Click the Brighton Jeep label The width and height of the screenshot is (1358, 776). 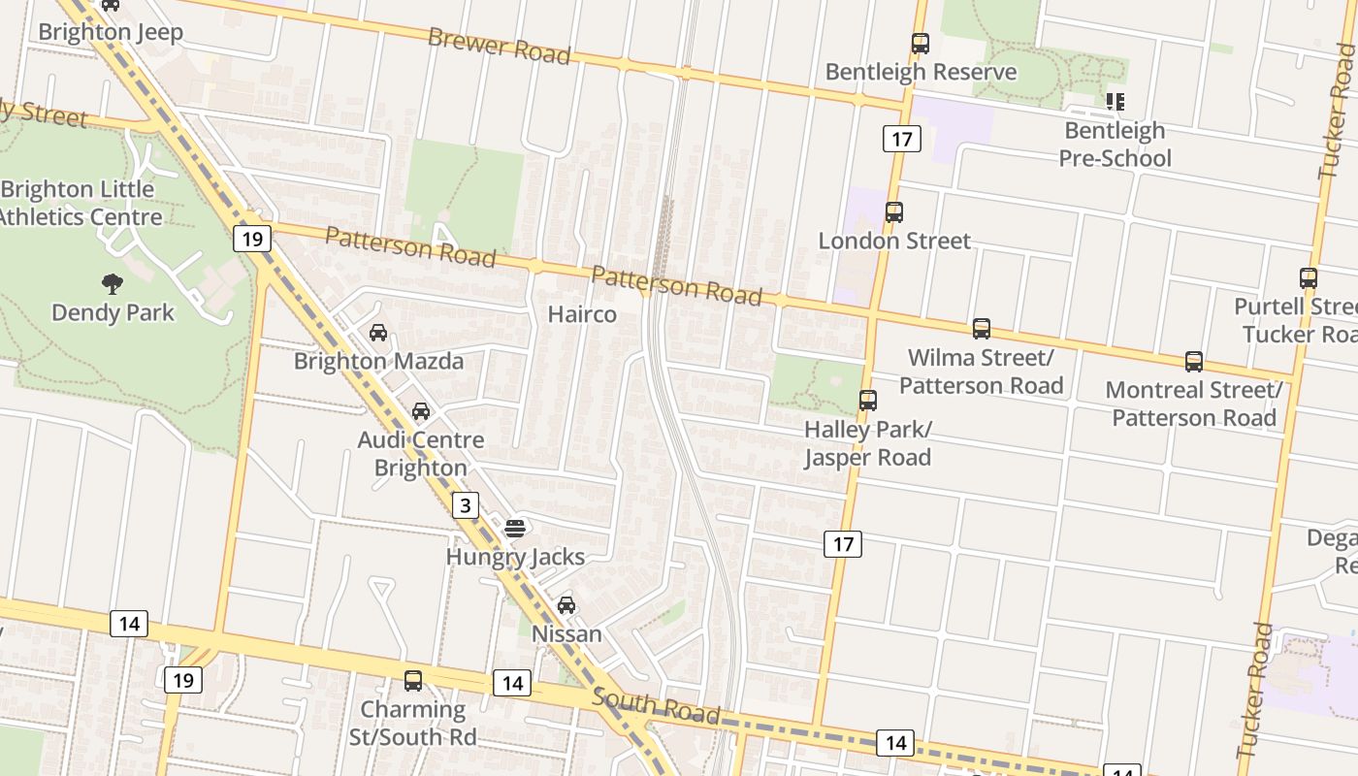(111, 32)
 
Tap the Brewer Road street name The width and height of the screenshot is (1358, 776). (499, 45)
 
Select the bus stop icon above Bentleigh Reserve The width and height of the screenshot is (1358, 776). (921, 44)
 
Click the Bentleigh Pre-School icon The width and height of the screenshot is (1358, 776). (1115, 101)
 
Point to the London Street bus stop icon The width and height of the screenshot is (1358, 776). (894, 211)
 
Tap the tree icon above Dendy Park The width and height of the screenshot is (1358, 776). (113, 284)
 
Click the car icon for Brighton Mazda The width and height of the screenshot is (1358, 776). (378, 333)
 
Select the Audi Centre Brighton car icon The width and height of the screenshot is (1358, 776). (421, 411)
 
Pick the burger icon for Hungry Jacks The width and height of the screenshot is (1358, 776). (515, 529)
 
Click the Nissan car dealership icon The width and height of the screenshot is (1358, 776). (566, 605)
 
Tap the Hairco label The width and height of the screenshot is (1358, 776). (582, 314)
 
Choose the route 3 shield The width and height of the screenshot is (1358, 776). (467, 505)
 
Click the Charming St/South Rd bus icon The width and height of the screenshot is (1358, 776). (413, 681)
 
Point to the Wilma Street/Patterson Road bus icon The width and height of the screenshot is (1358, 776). (982, 329)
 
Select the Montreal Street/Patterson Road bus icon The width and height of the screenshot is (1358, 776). (1194, 362)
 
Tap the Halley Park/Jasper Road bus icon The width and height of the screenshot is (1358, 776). (868, 400)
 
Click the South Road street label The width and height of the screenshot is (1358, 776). (656, 707)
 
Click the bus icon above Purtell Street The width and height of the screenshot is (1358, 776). (1309, 278)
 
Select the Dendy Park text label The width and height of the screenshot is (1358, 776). (113, 312)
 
